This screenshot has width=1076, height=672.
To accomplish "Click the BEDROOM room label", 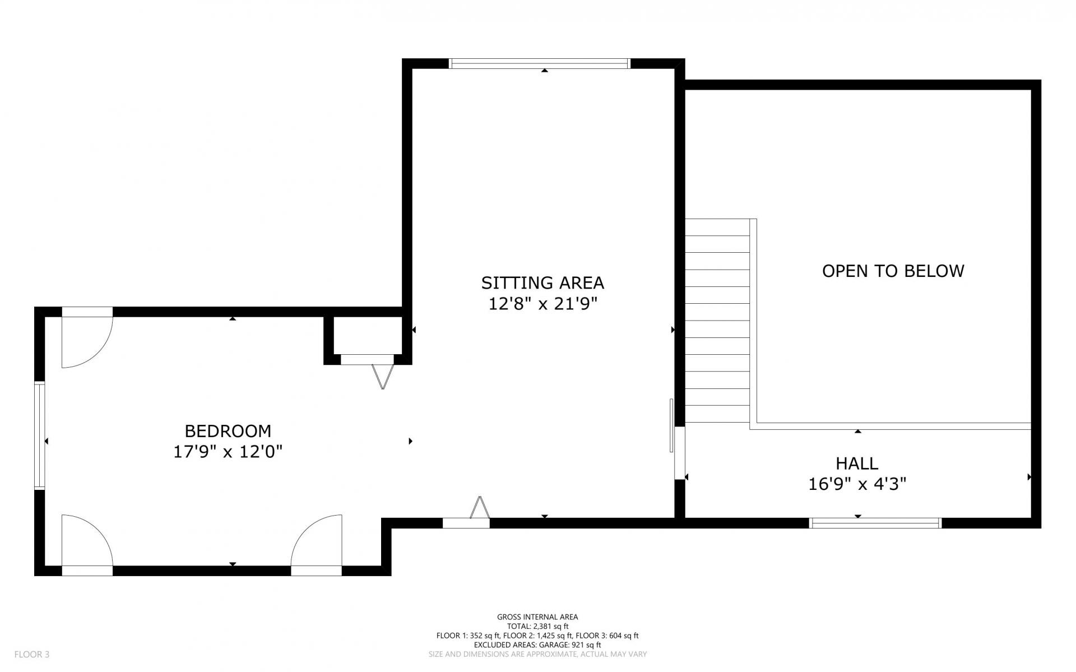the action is (228, 431).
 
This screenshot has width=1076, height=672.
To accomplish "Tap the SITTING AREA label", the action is (542, 282).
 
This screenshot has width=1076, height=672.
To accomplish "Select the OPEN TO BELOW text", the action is (893, 271).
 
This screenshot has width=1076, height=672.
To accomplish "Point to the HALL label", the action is (857, 464).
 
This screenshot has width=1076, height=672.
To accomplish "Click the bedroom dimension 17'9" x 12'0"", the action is (228, 452).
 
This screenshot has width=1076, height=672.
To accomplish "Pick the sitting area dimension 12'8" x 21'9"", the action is (542, 304).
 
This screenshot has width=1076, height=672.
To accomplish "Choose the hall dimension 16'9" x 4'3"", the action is (857, 484).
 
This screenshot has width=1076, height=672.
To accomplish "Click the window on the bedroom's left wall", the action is (39, 435).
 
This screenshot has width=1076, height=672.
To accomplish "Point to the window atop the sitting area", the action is (540, 63).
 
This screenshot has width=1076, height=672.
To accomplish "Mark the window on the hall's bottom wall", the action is (875, 523).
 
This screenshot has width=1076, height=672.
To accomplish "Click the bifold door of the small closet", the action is (383, 376).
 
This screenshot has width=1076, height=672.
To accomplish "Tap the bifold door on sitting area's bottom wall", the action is (479, 508).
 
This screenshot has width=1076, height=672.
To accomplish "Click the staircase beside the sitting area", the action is (717, 321).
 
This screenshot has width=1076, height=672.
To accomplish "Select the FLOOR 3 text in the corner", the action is (32, 654).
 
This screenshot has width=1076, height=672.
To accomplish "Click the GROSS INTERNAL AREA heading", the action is (537, 617).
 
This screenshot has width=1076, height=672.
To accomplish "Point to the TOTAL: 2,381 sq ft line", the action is (537, 626).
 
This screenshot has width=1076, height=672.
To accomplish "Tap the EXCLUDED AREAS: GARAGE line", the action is (537, 645).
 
